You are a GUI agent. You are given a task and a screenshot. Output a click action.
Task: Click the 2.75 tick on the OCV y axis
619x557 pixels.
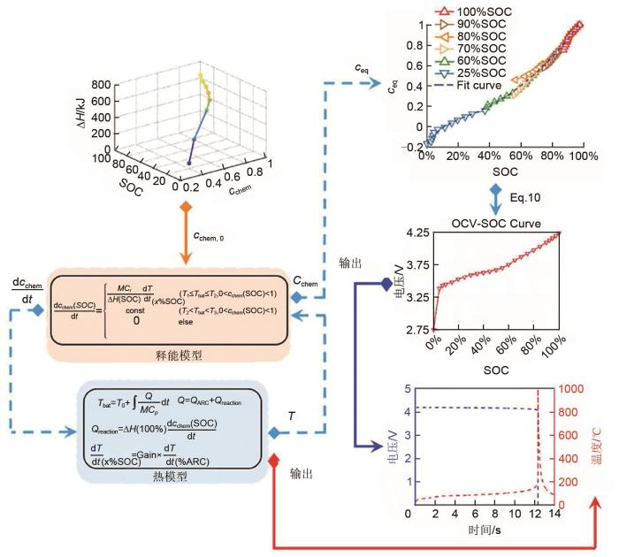click(x=416, y=329)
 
